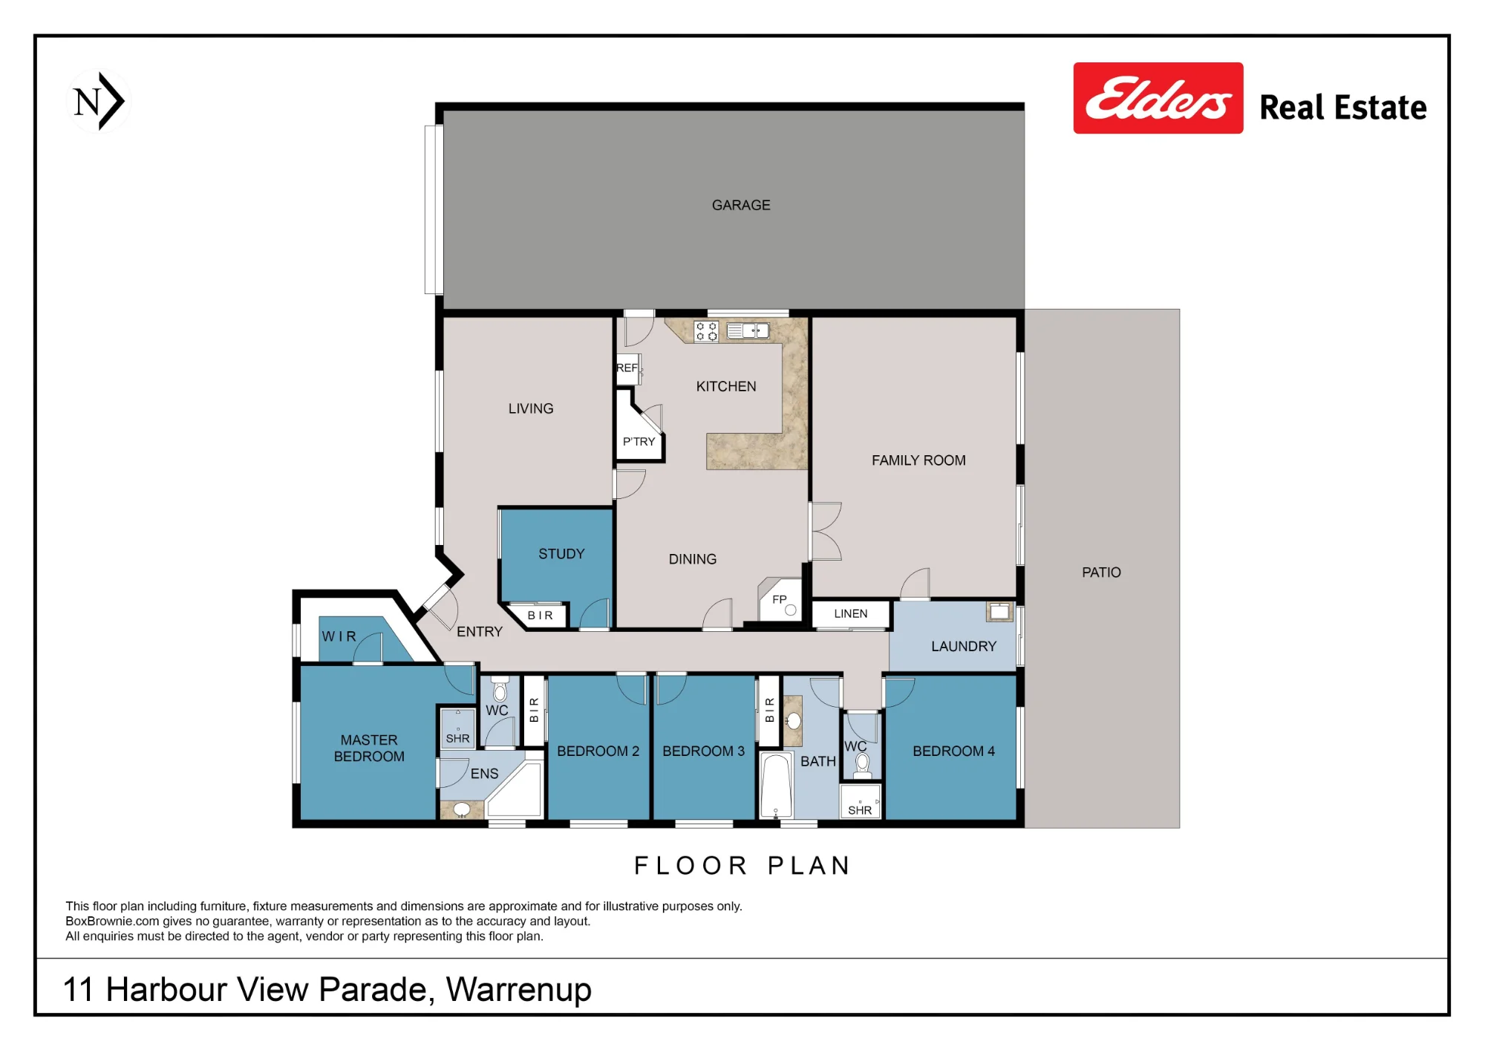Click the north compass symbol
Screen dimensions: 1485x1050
98,101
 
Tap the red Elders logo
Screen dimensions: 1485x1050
1158,98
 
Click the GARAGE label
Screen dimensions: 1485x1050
741,205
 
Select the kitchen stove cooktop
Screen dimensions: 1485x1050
706,331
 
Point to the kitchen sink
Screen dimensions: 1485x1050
748,330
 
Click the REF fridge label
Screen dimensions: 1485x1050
627,368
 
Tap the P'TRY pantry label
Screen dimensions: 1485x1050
639,442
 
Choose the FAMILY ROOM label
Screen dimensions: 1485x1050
918,460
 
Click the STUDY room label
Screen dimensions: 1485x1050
561,554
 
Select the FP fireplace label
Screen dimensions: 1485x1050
779,599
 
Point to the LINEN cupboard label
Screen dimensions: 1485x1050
850,613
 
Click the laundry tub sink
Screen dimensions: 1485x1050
999,611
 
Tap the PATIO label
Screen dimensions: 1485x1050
1101,573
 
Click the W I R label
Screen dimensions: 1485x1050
339,636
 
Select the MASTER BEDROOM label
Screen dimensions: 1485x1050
369,749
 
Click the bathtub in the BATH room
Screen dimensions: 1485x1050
777,786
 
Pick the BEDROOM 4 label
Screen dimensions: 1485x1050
953,751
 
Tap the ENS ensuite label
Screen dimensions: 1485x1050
484,774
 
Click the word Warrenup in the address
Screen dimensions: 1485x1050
519,990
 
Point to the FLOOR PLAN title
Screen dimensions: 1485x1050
742,866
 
